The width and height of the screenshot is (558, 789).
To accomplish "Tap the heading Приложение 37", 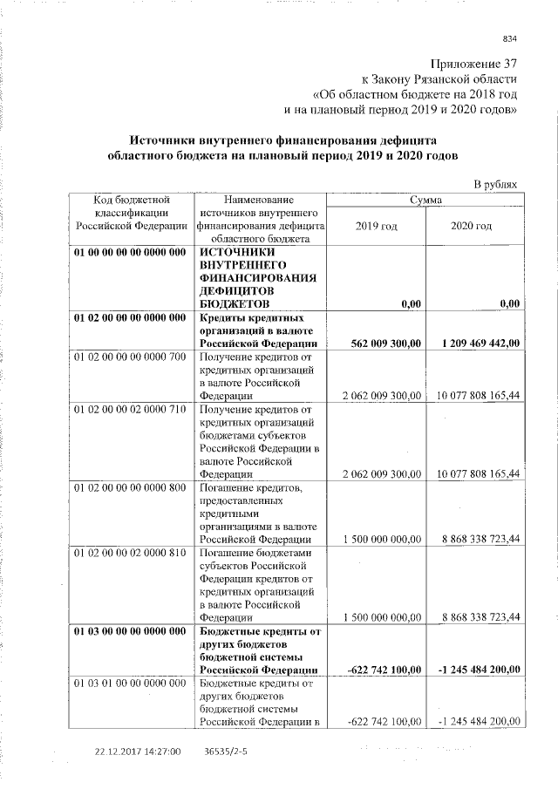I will click(474, 64).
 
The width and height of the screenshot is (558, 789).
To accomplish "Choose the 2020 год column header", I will click(472, 226).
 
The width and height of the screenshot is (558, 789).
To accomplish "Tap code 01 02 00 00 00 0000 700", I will click(131, 357).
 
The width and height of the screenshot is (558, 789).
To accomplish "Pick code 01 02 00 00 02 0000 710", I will click(131, 409).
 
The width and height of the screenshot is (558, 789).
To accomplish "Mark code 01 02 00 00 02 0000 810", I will click(131, 553).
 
